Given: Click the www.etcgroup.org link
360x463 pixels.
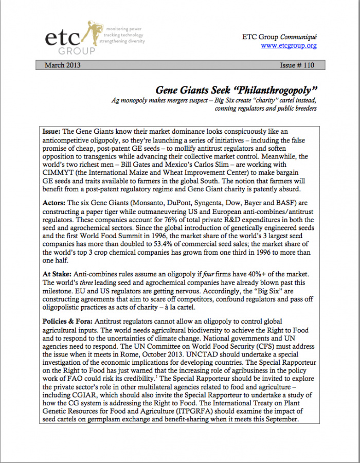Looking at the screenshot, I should tap(289, 46).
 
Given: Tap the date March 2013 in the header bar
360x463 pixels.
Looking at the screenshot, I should tap(62, 65).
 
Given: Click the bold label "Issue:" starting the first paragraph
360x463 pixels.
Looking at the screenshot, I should tap(52, 132).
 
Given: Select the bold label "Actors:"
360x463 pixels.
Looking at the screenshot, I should tap(55, 203).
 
